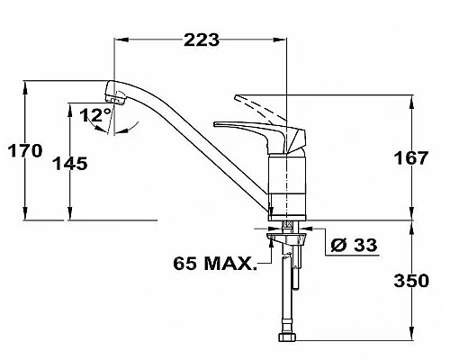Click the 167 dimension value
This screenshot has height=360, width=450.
411,158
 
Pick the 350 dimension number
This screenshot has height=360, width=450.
411,281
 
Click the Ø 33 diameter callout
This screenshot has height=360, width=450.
352,245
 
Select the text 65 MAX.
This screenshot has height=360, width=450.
214,265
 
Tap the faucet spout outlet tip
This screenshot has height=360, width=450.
112,96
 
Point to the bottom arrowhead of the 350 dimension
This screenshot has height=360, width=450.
412,343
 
